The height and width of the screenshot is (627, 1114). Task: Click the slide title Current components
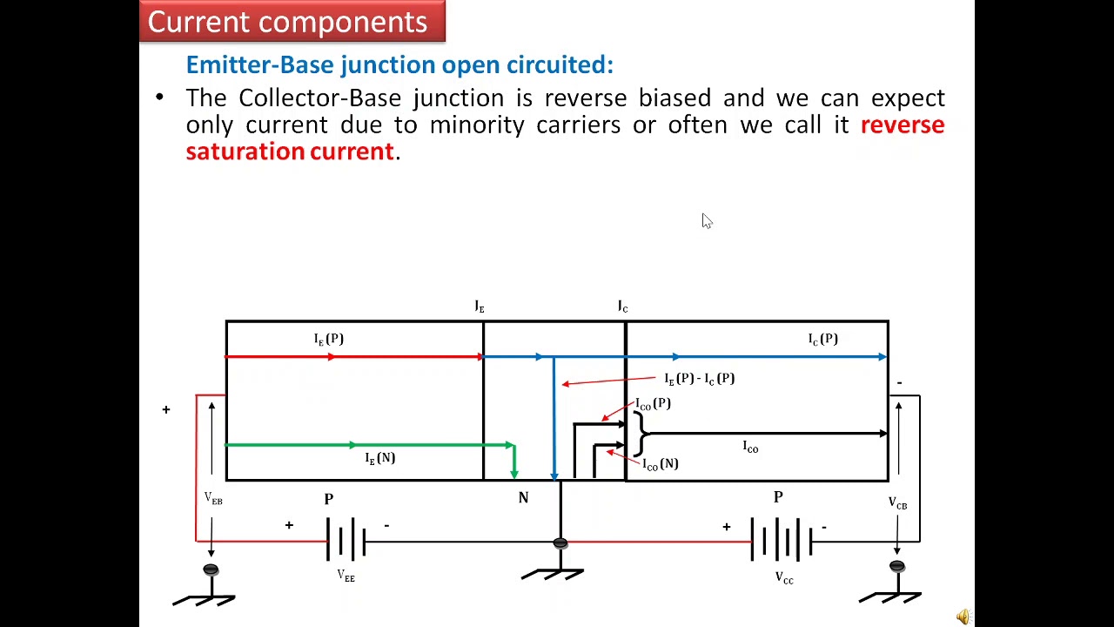(x=287, y=22)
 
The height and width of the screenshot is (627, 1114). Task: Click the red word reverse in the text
(x=902, y=125)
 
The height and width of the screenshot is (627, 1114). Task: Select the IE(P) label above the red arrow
(x=329, y=339)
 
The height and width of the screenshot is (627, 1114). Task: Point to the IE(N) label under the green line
(x=380, y=458)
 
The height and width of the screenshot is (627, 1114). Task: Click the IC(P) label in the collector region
(x=822, y=339)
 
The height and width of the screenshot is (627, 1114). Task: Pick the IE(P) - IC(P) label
(x=699, y=379)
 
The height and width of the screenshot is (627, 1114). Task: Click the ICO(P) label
(x=653, y=404)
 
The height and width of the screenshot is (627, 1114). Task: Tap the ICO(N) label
(x=660, y=464)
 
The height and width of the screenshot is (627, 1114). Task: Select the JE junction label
(x=479, y=307)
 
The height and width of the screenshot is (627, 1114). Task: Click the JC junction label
(x=622, y=307)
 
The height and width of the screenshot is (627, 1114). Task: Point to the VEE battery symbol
(x=346, y=540)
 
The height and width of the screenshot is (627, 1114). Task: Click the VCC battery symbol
(x=782, y=540)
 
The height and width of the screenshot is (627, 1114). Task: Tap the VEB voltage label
(x=213, y=499)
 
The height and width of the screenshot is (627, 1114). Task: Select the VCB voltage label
(x=897, y=504)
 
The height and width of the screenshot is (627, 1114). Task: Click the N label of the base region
(x=523, y=498)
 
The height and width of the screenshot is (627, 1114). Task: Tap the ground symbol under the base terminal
(x=553, y=574)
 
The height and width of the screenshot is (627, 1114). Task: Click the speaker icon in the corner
(x=963, y=617)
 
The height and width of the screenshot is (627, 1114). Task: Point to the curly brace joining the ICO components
(x=641, y=434)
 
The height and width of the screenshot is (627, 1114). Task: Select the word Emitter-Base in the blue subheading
(x=260, y=65)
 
